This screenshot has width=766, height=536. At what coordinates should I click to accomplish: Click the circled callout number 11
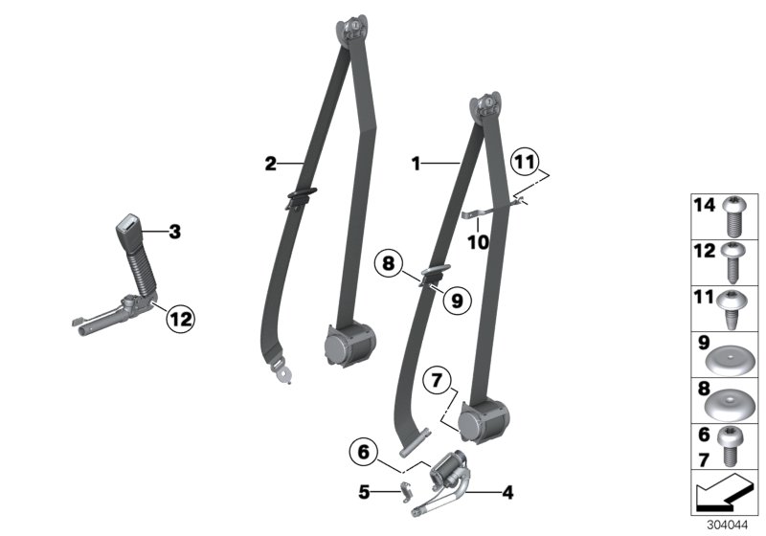click(525, 162)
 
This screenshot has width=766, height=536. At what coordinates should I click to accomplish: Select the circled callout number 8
click(389, 263)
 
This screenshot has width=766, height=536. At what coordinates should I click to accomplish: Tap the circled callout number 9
click(457, 301)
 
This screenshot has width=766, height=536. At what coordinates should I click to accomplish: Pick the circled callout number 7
click(438, 380)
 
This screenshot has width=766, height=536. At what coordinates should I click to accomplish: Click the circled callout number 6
click(364, 452)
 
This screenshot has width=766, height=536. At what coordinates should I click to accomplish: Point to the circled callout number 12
click(180, 320)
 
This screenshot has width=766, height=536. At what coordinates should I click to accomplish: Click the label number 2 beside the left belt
click(271, 164)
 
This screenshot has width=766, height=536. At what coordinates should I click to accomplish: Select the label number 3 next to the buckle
click(175, 232)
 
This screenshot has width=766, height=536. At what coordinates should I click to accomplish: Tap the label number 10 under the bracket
click(478, 242)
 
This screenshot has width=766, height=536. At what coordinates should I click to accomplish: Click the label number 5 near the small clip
click(364, 492)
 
